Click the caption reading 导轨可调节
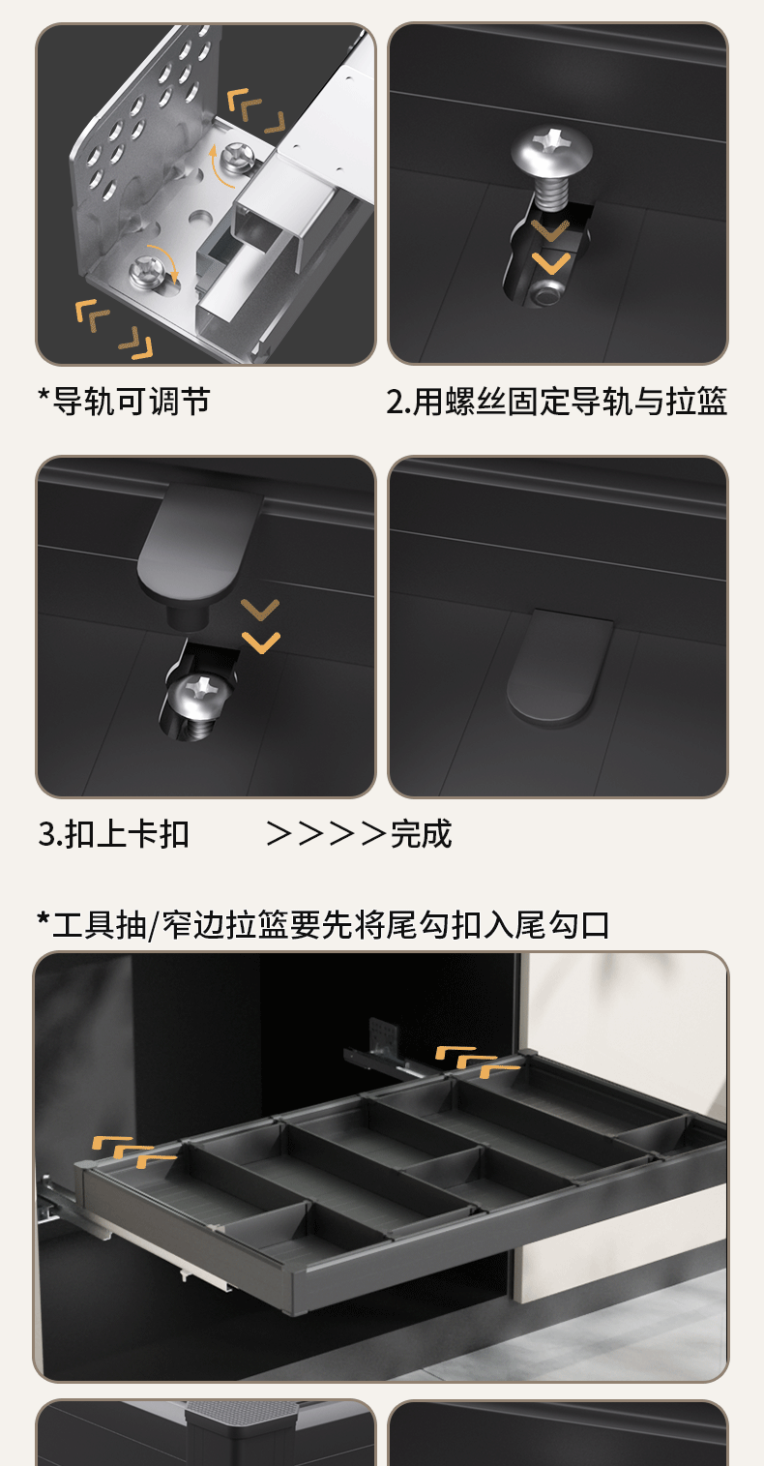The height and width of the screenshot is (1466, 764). coord(131,402)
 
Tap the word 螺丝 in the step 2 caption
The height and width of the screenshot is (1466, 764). coord(475,402)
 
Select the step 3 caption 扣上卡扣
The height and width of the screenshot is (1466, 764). coord(127,833)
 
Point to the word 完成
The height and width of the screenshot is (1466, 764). coord(421,833)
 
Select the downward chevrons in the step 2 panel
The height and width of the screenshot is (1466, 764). coord(552,248)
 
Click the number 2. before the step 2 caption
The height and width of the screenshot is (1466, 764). coord(398,402)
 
